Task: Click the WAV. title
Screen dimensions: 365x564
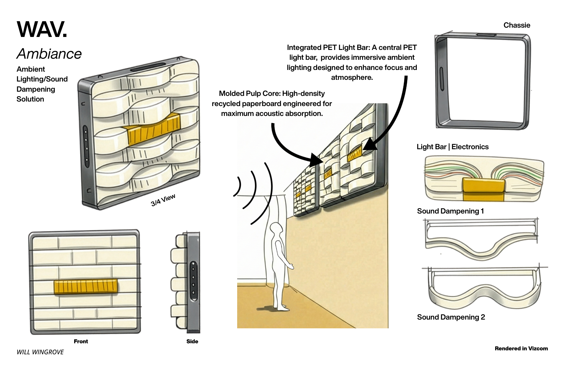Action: pos(42,29)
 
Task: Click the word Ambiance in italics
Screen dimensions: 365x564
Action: pos(49,54)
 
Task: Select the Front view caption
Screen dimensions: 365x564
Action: pos(81,341)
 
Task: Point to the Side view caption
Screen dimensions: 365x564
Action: pos(192,341)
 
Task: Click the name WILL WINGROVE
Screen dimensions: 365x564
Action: pos(40,352)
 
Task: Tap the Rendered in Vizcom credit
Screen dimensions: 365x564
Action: pos(521,348)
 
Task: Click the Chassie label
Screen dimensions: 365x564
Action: pos(517,25)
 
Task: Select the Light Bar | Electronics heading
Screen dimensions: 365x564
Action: pos(452,147)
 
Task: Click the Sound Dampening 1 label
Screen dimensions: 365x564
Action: pos(450,211)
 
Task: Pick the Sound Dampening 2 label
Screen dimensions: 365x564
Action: pos(451,317)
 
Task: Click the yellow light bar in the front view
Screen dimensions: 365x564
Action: pos(85,286)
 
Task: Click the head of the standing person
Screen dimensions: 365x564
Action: pos(276,228)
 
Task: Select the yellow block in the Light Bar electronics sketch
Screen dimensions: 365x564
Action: pos(483,189)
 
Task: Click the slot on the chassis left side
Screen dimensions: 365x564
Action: pos(442,79)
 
